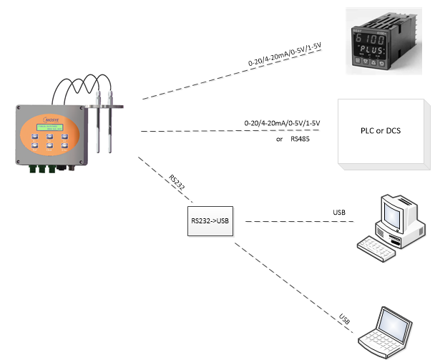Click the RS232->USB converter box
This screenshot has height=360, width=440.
tap(210, 222)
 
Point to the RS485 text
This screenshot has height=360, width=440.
tap(301, 139)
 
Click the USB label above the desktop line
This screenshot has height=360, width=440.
tap(340, 213)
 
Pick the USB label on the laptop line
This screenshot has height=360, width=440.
tap(345, 317)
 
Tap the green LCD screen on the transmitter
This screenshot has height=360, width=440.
tap(50, 128)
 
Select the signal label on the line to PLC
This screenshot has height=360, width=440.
tap(283, 124)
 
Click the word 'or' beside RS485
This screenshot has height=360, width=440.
tap(280, 139)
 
